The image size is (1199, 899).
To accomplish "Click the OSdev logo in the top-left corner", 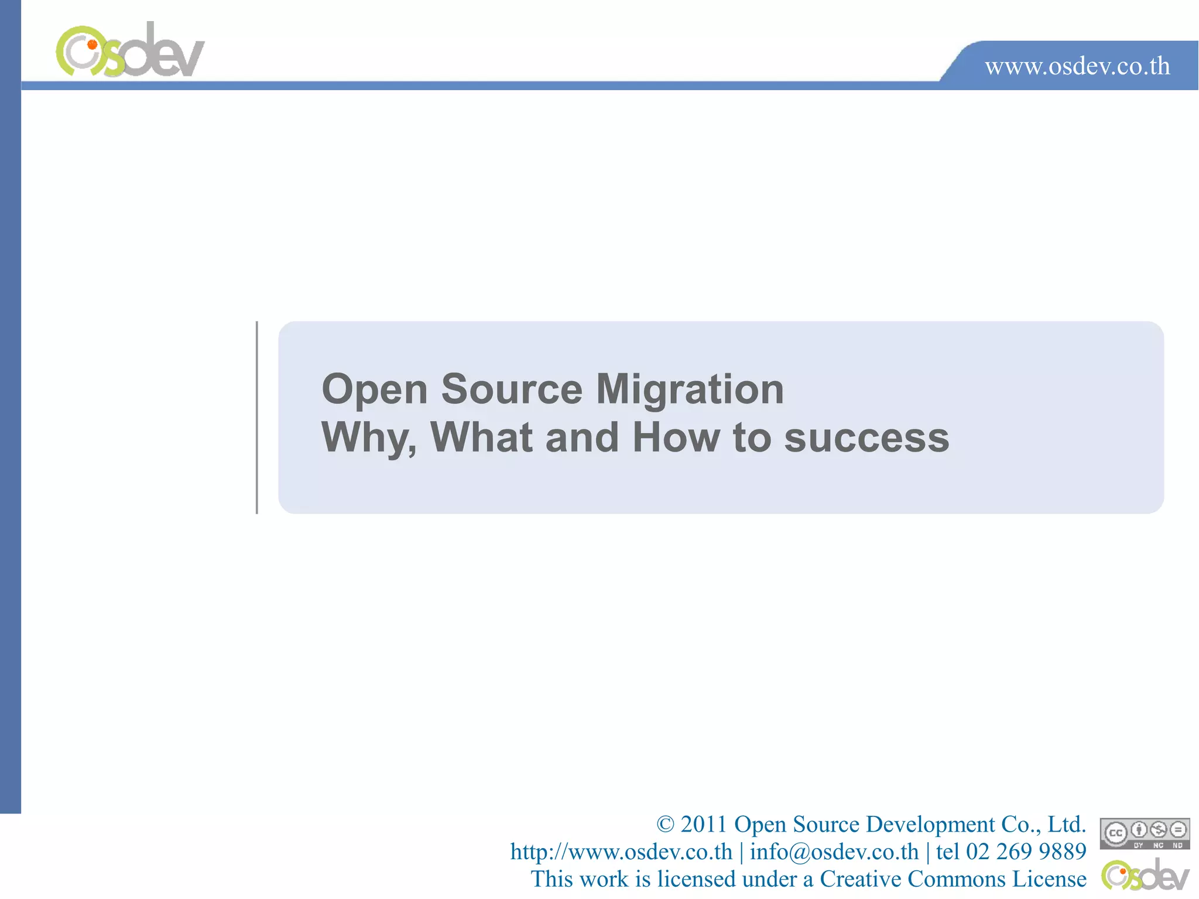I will [x=130, y=51].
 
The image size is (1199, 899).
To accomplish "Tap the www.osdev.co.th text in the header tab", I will [x=1077, y=66].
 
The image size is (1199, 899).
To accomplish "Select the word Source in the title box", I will [x=512, y=389].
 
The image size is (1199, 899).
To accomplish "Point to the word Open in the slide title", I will [x=375, y=391].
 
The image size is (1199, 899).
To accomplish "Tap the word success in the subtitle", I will [x=866, y=438].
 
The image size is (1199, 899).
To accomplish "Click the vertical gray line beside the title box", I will [x=257, y=417].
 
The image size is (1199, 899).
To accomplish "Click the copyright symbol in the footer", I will [x=665, y=825].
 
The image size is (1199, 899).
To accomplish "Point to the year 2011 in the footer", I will [x=703, y=825].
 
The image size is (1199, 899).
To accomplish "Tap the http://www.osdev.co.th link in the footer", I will [x=621, y=852].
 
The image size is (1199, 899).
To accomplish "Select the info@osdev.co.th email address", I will [x=834, y=852].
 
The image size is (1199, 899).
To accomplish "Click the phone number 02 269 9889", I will [x=1026, y=852].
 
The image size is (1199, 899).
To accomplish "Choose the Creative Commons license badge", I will [x=1145, y=833].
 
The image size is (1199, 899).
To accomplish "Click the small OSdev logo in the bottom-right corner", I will [x=1145, y=875].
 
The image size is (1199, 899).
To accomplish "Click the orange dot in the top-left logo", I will [x=92, y=44].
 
